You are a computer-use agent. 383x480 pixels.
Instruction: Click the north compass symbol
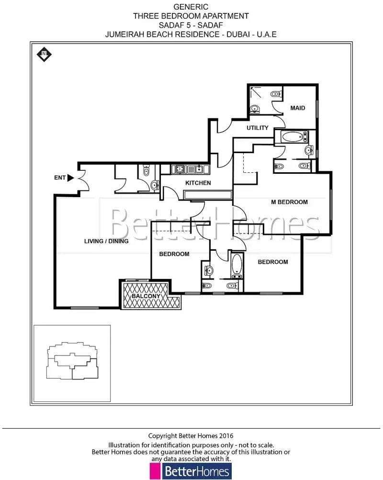[x=44, y=54]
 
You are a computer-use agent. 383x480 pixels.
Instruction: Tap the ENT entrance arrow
[x=71, y=178]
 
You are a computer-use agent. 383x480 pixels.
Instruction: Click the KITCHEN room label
[x=198, y=183]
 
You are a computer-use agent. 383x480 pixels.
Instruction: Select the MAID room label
[x=298, y=108]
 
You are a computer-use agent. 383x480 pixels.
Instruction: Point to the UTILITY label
[x=258, y=128]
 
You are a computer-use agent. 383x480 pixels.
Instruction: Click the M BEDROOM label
[x=289, y=202]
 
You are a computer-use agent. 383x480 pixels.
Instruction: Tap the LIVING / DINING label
[x=106, y=241]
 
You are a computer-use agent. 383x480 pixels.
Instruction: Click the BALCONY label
[x=146, y=296]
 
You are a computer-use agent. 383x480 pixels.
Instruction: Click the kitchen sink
[x=199, y=168]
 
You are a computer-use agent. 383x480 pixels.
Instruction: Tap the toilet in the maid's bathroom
[x=276, y=94]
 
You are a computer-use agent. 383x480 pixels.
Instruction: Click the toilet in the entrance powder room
[x=146, y=170]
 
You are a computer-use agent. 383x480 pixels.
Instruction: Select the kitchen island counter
[x=208, y=195]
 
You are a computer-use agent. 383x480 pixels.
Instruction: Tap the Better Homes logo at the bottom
[x=191, y=471]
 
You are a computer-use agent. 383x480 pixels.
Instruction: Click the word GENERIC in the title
[x=191, y=7]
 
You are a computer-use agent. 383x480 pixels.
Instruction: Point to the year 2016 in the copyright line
[x=226, y=435]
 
